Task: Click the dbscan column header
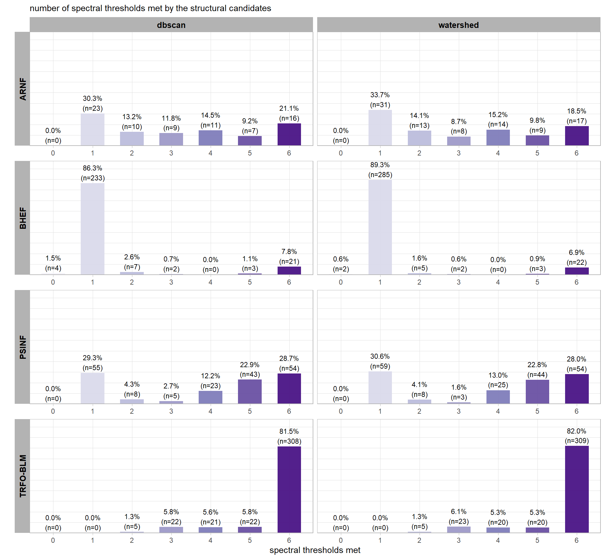(x=171, y=25)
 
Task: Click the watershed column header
(x=458, y=25)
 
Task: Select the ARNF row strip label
(x=23, y=89)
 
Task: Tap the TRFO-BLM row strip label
(x=23, y=476)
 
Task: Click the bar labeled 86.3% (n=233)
(x=92, y=229)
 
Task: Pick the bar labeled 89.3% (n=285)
(x=380, y=227)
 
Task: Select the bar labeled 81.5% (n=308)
(x=289, y=489)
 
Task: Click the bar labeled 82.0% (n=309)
(x=576, y=489)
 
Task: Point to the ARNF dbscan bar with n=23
(x=92, y=129)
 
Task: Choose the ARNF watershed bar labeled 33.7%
(x=380, y=128)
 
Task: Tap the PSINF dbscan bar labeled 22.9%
(x=250, y=391)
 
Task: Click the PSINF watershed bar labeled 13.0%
(x=498, y=397)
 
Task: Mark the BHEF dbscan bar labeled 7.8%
(x=289, y=270)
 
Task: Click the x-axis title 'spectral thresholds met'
(x=315, y=550)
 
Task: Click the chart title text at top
(x=150, y=8)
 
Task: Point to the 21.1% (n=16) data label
(x=289, y=113)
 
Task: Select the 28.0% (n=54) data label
(x=576, y=364)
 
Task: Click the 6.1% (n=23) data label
(x=459, y=516)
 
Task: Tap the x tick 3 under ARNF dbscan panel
(x=171, y=153)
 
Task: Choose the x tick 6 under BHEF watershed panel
(x=576, y=282)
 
